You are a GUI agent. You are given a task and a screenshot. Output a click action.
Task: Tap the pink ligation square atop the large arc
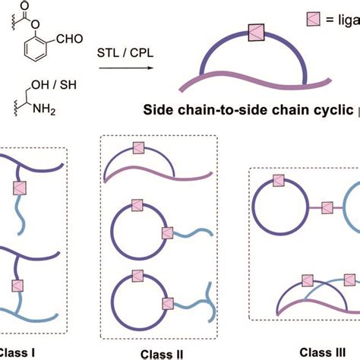point(254,33)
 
